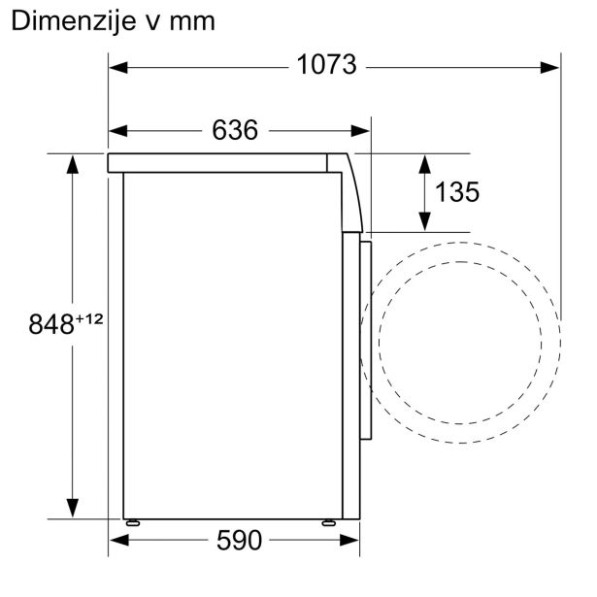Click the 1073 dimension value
(x=327, y=66)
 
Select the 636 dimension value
(x=236, y=129)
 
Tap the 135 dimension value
(x=456, y=192)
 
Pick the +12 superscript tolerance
(x=90, y=317)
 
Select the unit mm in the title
(x=192, y=21)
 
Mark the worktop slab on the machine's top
(x=223, y=162)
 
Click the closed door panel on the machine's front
(x=365, y=340)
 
